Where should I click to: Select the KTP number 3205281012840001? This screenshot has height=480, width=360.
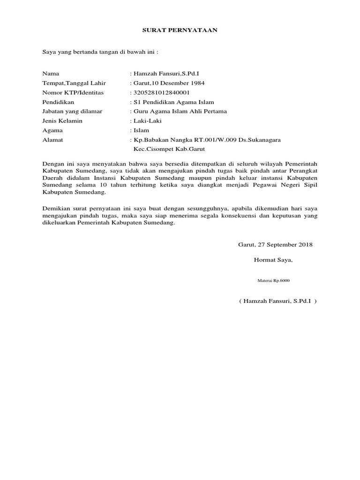pyautogui.click(x=162, y=93)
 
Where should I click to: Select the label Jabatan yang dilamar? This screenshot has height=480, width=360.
pyautogui.click(x=72, y=112)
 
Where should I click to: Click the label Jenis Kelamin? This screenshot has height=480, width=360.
pyautogui.click(x=62, y=121)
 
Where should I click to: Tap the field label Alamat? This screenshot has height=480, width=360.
pyautogui.click(x=52, y=140)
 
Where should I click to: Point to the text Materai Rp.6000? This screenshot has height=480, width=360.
pyautogui.click(x=274, y=280)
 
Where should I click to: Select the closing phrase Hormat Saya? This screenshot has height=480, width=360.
pyautogui.click(x=273, y=259)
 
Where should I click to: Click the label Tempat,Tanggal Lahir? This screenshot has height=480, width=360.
pyautogui.click(x=74, y=83)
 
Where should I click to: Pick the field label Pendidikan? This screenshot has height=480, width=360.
pyautogui.click(x=58, y=102)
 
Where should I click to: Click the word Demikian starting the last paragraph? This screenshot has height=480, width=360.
pyautogui.click(x=56, y=207)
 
